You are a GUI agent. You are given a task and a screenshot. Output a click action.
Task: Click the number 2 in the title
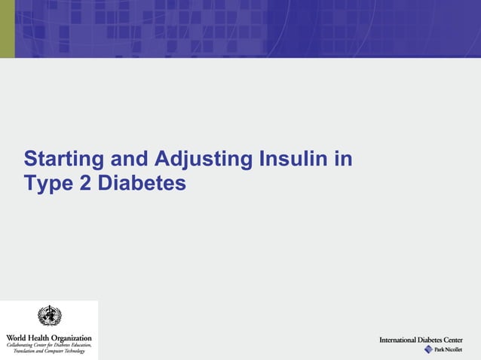click(85, 183)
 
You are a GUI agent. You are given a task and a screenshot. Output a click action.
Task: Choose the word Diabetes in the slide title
click(141, 183)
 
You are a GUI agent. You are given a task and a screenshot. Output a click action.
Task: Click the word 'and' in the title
click(132, 160)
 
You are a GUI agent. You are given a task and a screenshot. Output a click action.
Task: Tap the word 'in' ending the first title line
click(344, 160)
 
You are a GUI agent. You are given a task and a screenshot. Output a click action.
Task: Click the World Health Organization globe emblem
click(49, 316)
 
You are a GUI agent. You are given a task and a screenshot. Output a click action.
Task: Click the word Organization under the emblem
click(73, 337)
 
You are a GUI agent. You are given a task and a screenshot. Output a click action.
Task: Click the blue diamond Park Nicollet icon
click(428, 349)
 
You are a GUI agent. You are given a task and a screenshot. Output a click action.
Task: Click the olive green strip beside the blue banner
click(7, 29)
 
